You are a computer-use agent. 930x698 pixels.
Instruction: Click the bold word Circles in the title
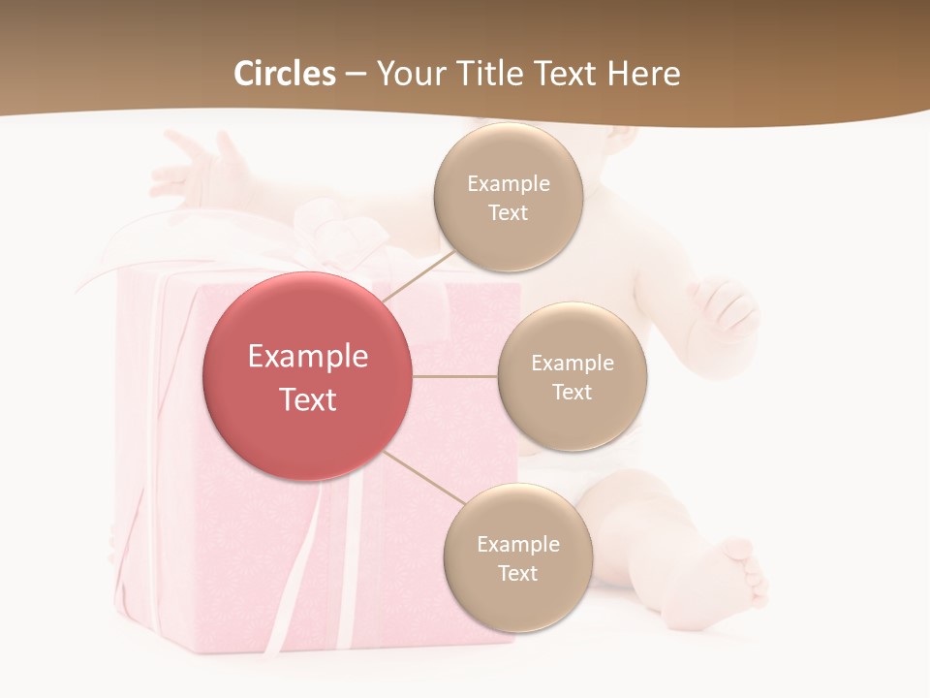coord(285,74)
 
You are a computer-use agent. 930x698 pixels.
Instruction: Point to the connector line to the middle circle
coord(455,376)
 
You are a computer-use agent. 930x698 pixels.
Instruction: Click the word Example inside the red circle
coord(308,357)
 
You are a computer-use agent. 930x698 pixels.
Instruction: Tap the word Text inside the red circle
coord(308,399)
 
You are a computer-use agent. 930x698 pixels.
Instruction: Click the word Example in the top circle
coord(509,184)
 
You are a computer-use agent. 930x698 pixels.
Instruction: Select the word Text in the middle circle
coord(573,392)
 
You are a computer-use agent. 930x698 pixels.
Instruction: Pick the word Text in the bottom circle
coord(517,573)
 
